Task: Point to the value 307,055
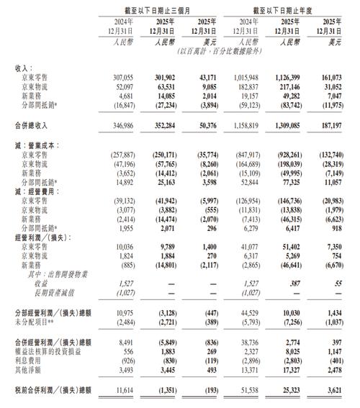click(123, 76)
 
